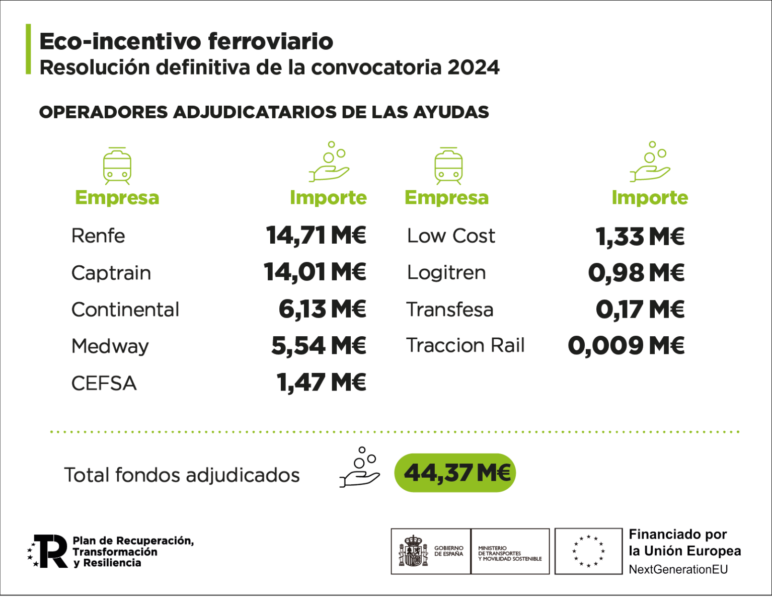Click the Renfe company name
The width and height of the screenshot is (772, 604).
point(98,236)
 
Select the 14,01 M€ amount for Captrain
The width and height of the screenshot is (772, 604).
point(315,272)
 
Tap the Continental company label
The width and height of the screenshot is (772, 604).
point(125,310)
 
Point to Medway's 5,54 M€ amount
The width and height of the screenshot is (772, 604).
point(319,346)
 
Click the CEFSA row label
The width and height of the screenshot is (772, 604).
point(104,383)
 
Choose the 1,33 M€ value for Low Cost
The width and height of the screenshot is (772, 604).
point(640,236)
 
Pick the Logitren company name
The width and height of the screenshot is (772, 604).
point(446,273)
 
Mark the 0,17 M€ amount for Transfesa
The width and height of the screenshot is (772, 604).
point(640,310)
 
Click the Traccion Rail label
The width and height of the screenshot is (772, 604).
point(466,346)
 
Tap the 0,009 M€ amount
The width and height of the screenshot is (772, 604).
point(626,346)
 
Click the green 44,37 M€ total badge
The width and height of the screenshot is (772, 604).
point(455,473)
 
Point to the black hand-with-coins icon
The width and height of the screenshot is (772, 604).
point(360,468)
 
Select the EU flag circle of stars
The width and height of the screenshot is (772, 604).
point(588,551)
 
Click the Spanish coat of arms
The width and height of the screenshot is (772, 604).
point(413,551)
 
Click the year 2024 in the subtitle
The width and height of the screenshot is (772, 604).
point(474,67)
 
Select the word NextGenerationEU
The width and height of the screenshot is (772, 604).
point(678,569)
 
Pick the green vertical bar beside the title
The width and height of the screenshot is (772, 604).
point(28,49)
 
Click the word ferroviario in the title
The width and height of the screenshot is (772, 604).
point(270,41)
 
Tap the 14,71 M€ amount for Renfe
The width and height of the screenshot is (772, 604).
point(316,235)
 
